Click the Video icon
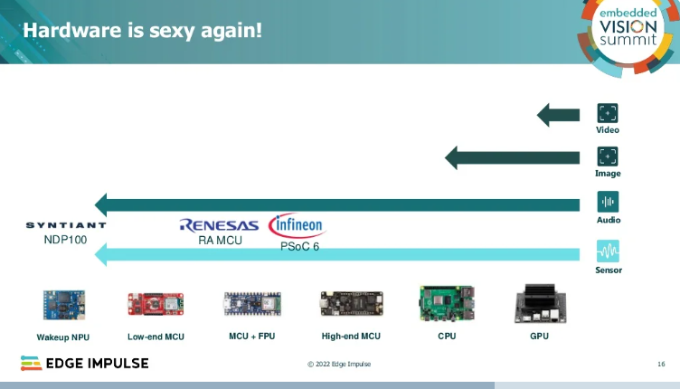click(x=608, y=113)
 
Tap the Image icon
click(x=608, y=157)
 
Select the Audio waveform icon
click(x=608, y=202)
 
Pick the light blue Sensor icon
click(x=608, y=251)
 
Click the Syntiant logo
click(x=66, y=225)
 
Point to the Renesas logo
click(x=220, y=225)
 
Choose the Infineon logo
click(x=297, y=225)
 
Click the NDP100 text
click(x=65, y=241)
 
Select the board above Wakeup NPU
click(x=64, y=305)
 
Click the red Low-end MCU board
click(x=156, y=304)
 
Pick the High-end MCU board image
click(x=351, y=304)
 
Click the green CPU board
click(x=447, y=304)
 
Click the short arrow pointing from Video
click(x=558, y=115)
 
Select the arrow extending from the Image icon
click(x=512, y=157)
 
